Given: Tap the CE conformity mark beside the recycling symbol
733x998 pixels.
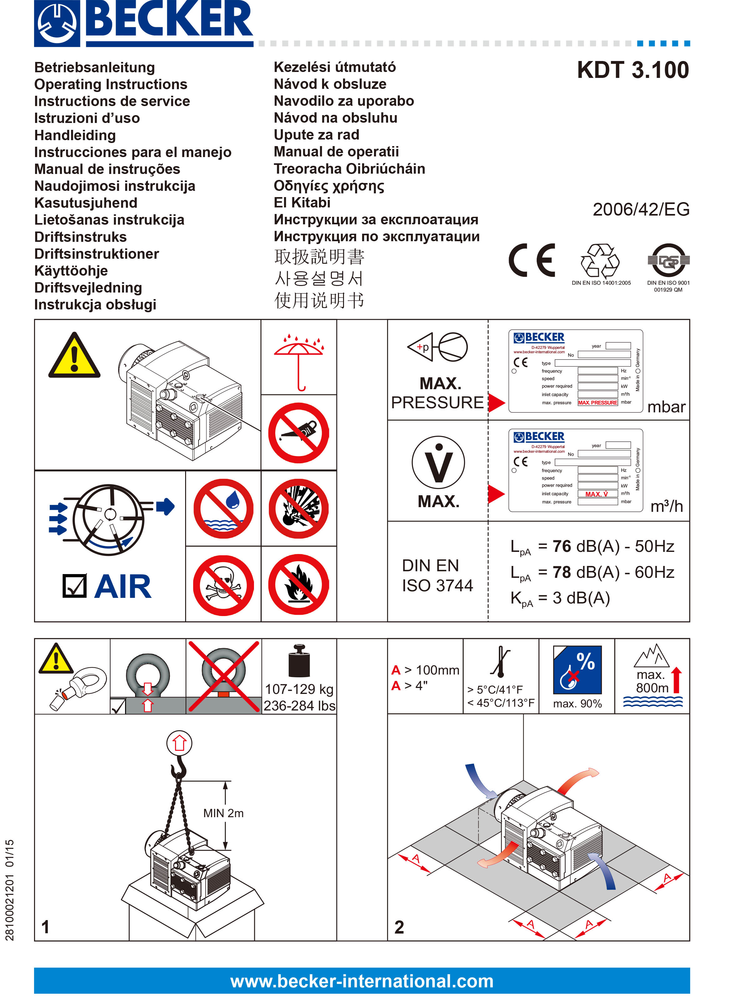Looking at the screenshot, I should click(x=532, y=260).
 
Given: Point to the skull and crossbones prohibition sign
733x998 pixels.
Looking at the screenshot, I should click(x=223, y=585).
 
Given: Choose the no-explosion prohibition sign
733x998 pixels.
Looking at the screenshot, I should click(x=299, y=508).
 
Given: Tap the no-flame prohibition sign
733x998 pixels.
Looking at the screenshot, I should click(x=299, y=585).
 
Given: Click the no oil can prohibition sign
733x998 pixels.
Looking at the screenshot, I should click(x=299, y=433).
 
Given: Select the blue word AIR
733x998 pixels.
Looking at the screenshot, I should click(x=123, y=587).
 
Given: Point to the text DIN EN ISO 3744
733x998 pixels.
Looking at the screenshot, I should click(x=437, y=575).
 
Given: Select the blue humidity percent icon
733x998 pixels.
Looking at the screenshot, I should click(x=577, y=670).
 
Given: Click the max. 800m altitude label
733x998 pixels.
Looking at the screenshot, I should click(x=652, y=681).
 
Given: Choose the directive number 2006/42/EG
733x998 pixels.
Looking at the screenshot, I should click(x=641, y=209).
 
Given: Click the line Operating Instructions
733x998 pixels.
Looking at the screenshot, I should click(x=111, y=84).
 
